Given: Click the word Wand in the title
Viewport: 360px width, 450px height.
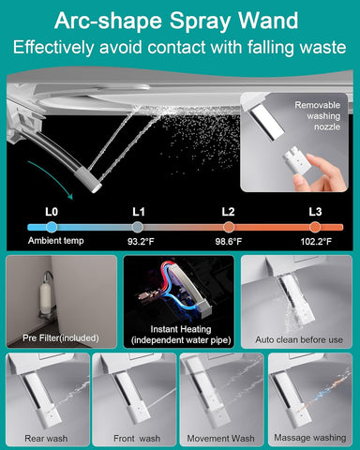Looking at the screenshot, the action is pos(268,21).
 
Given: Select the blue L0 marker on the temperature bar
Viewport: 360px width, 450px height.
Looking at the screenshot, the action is pos(52,227).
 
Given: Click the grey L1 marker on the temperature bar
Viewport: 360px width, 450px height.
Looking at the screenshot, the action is pos(138,227).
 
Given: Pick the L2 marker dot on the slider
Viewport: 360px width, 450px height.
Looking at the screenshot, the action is pos(229,227).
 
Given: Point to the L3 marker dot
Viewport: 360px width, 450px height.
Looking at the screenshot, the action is pos(315,227).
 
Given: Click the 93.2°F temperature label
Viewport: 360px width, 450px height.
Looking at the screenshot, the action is pos(141,242).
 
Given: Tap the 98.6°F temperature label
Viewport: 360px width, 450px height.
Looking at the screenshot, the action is pos(229,242).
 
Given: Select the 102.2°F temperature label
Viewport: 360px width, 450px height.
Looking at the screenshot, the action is pos(316,242).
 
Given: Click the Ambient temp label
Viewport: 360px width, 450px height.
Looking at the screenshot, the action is pos(56,241).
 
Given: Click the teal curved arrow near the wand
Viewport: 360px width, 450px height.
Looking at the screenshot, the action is pos(53,178).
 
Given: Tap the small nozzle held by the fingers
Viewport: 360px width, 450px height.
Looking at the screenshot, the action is pos(296,161).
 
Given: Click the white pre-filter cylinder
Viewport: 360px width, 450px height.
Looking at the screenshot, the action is pos(45,296).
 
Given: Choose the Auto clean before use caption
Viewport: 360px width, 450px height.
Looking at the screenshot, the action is pos(299,339).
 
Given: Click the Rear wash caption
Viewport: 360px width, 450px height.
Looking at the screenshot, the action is pos(46,439).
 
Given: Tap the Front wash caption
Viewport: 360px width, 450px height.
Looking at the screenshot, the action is pos(137,439).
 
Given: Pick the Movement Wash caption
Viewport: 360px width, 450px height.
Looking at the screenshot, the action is pos(220,439).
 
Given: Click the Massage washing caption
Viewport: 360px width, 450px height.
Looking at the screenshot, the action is pos(310,438).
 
